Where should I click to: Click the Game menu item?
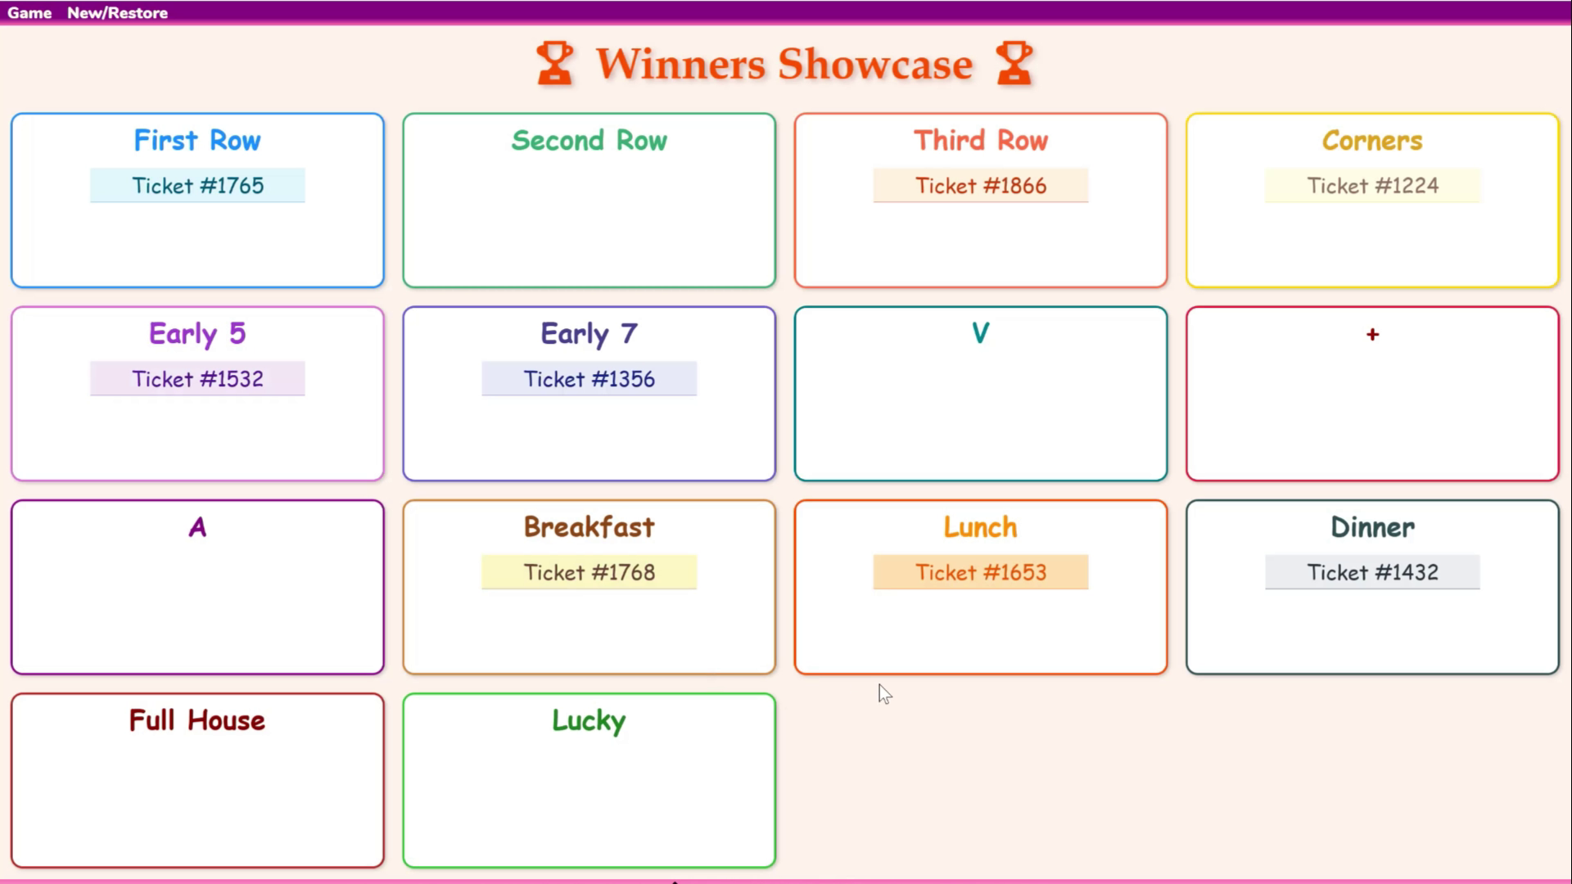[x=29, y=13]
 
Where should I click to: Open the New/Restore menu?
[x=117, y=13]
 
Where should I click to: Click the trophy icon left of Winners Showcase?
[x=555, y=64]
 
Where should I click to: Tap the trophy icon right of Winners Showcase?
[x=1014, y=64]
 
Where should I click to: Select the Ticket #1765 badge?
[x=197, y=186]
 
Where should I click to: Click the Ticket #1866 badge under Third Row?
[x=981, y=186]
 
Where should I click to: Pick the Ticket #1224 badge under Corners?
[x=1372, y=186]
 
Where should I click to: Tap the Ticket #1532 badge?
[x=197, y=379]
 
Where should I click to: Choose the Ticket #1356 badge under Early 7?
[x=589, y=379]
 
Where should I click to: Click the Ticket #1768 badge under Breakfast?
[x=589, y=572]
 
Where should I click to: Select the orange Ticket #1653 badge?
[x=981, y=572]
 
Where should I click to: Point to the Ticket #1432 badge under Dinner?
[x=1372, y=572]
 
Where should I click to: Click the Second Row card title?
[x=589, y=141]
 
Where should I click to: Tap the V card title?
[x=980, y=333]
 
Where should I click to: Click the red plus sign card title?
[x=1372, y=334]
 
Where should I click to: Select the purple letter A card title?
[x=197, y=527]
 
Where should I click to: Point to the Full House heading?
[x=197, y=720]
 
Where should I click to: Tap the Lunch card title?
[x=981, y=527]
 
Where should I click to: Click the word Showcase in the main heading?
[x=875, y=65]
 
